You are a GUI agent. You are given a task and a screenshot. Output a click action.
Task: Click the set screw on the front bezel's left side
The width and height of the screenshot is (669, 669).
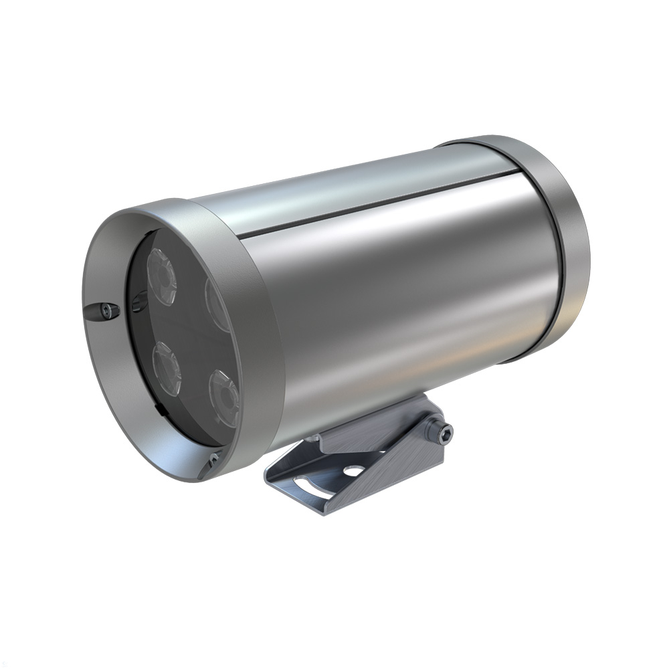pos(105,309)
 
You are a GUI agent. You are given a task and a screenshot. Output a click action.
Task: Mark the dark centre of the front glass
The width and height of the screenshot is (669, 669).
pos(187,328)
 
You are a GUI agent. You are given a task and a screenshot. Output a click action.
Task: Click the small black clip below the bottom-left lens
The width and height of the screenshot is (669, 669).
pos(155,405)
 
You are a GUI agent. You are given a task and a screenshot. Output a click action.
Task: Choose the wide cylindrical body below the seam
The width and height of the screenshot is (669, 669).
pos(401,301)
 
